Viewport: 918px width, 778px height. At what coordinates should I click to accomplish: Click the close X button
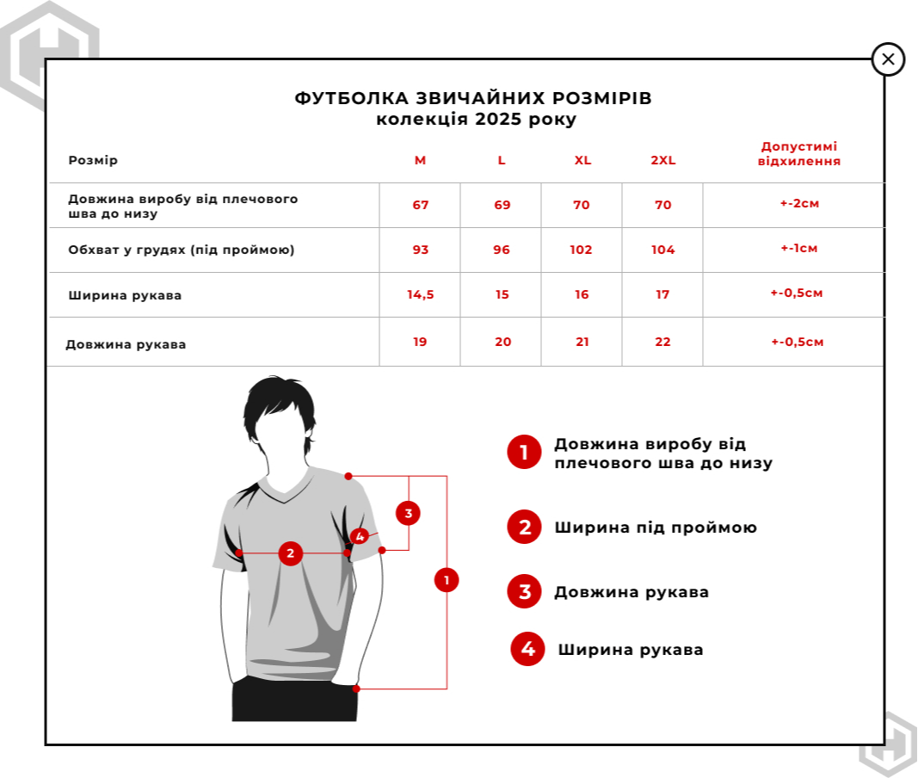pos(888,59)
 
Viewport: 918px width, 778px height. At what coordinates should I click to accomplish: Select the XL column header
pos(582,161)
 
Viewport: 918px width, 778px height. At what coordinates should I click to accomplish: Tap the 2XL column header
pos(663,161)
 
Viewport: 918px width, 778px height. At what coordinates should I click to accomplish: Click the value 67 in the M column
pos(420,205)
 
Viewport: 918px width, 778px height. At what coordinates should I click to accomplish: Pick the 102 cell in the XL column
pos(582,250)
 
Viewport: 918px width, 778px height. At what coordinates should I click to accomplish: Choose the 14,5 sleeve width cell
pos(420,294)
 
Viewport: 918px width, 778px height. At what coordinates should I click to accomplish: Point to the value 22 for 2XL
pos(662,342)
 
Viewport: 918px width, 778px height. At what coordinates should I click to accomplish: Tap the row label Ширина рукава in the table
pos(125,296)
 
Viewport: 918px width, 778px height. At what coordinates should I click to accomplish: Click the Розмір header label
pos(93,161)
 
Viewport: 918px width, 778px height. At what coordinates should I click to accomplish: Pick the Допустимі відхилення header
pos(798,154)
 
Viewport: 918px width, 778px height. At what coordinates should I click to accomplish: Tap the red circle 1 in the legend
pos(524,452)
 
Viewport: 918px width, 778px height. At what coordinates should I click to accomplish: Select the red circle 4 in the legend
pos(527,649)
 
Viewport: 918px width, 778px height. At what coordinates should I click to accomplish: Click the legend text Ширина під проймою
pos(656,528)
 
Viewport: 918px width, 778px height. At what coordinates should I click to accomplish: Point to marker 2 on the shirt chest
pos(290,553)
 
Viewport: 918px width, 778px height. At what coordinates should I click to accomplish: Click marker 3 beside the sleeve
pos(408,514)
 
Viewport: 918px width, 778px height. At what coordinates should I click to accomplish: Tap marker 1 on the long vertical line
pos(447,580)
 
